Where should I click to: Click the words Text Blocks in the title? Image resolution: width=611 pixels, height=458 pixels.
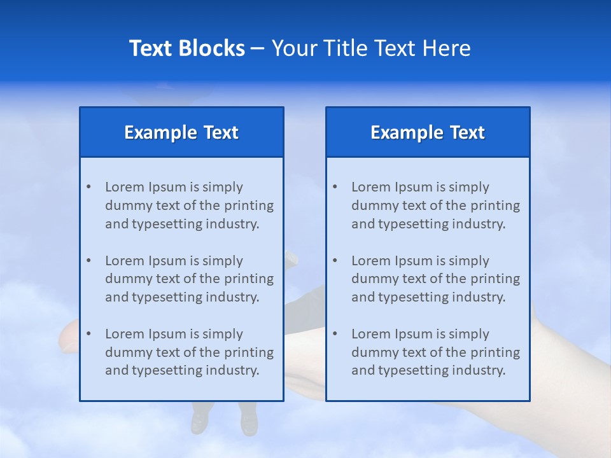[x=186, y=48]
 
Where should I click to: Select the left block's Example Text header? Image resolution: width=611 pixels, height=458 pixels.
[x=181, y=132]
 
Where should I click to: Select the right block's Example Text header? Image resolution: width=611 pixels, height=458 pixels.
[x=428, y=132]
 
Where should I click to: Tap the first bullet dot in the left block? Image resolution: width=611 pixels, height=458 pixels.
[x=88, y=187]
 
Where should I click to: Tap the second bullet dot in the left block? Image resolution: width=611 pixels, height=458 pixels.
[x=88, y=261]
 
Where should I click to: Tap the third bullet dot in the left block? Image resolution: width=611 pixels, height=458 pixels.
[x=88, y=334]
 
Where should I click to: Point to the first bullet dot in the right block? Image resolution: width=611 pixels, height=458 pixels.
[x=335, y=187]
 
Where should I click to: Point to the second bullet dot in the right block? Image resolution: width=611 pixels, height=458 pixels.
[x=335, y=261]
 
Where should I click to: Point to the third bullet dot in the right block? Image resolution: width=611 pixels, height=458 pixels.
[x=335, y=334]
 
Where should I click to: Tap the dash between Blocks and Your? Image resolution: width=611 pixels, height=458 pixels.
[x=258, y=48]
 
